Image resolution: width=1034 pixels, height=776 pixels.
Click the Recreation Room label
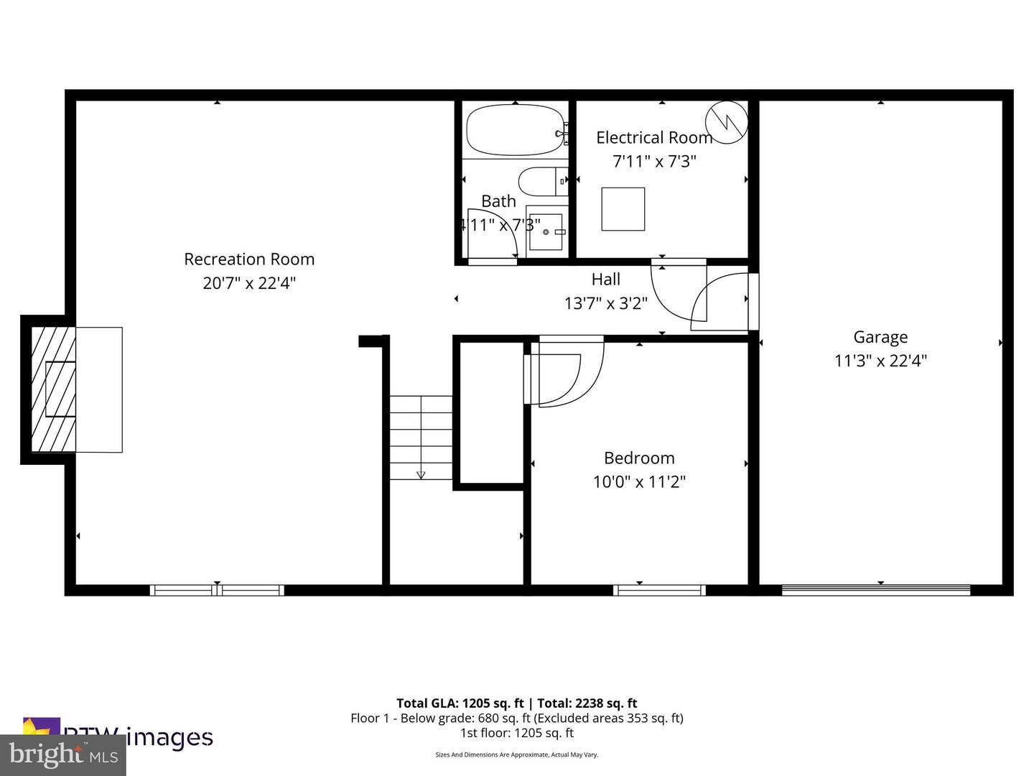click(249, 259)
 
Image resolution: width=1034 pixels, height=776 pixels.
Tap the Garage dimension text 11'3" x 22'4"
click(880, 361)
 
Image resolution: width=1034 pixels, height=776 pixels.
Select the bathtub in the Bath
click(515, 130)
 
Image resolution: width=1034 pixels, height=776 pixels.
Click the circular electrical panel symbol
click(726, 123)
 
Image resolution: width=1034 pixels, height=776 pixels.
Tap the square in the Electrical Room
click(623, 209)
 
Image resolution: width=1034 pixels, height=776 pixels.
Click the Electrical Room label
click(653, 137)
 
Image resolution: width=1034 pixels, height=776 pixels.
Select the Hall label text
click(605, 280)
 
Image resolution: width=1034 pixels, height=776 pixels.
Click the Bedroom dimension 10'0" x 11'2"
click(639, 482)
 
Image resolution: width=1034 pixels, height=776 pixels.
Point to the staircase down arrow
click(421, 474)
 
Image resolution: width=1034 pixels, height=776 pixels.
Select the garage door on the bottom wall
click(875, 591)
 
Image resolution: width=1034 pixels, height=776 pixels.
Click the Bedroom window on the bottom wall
click(659, 591)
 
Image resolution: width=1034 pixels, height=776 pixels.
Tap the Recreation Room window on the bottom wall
click(217, 591)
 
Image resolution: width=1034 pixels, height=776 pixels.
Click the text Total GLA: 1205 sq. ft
click(460, 703)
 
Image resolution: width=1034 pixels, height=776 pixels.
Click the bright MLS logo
click(63, 755)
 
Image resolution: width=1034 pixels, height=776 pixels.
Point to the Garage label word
click(880, 337)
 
